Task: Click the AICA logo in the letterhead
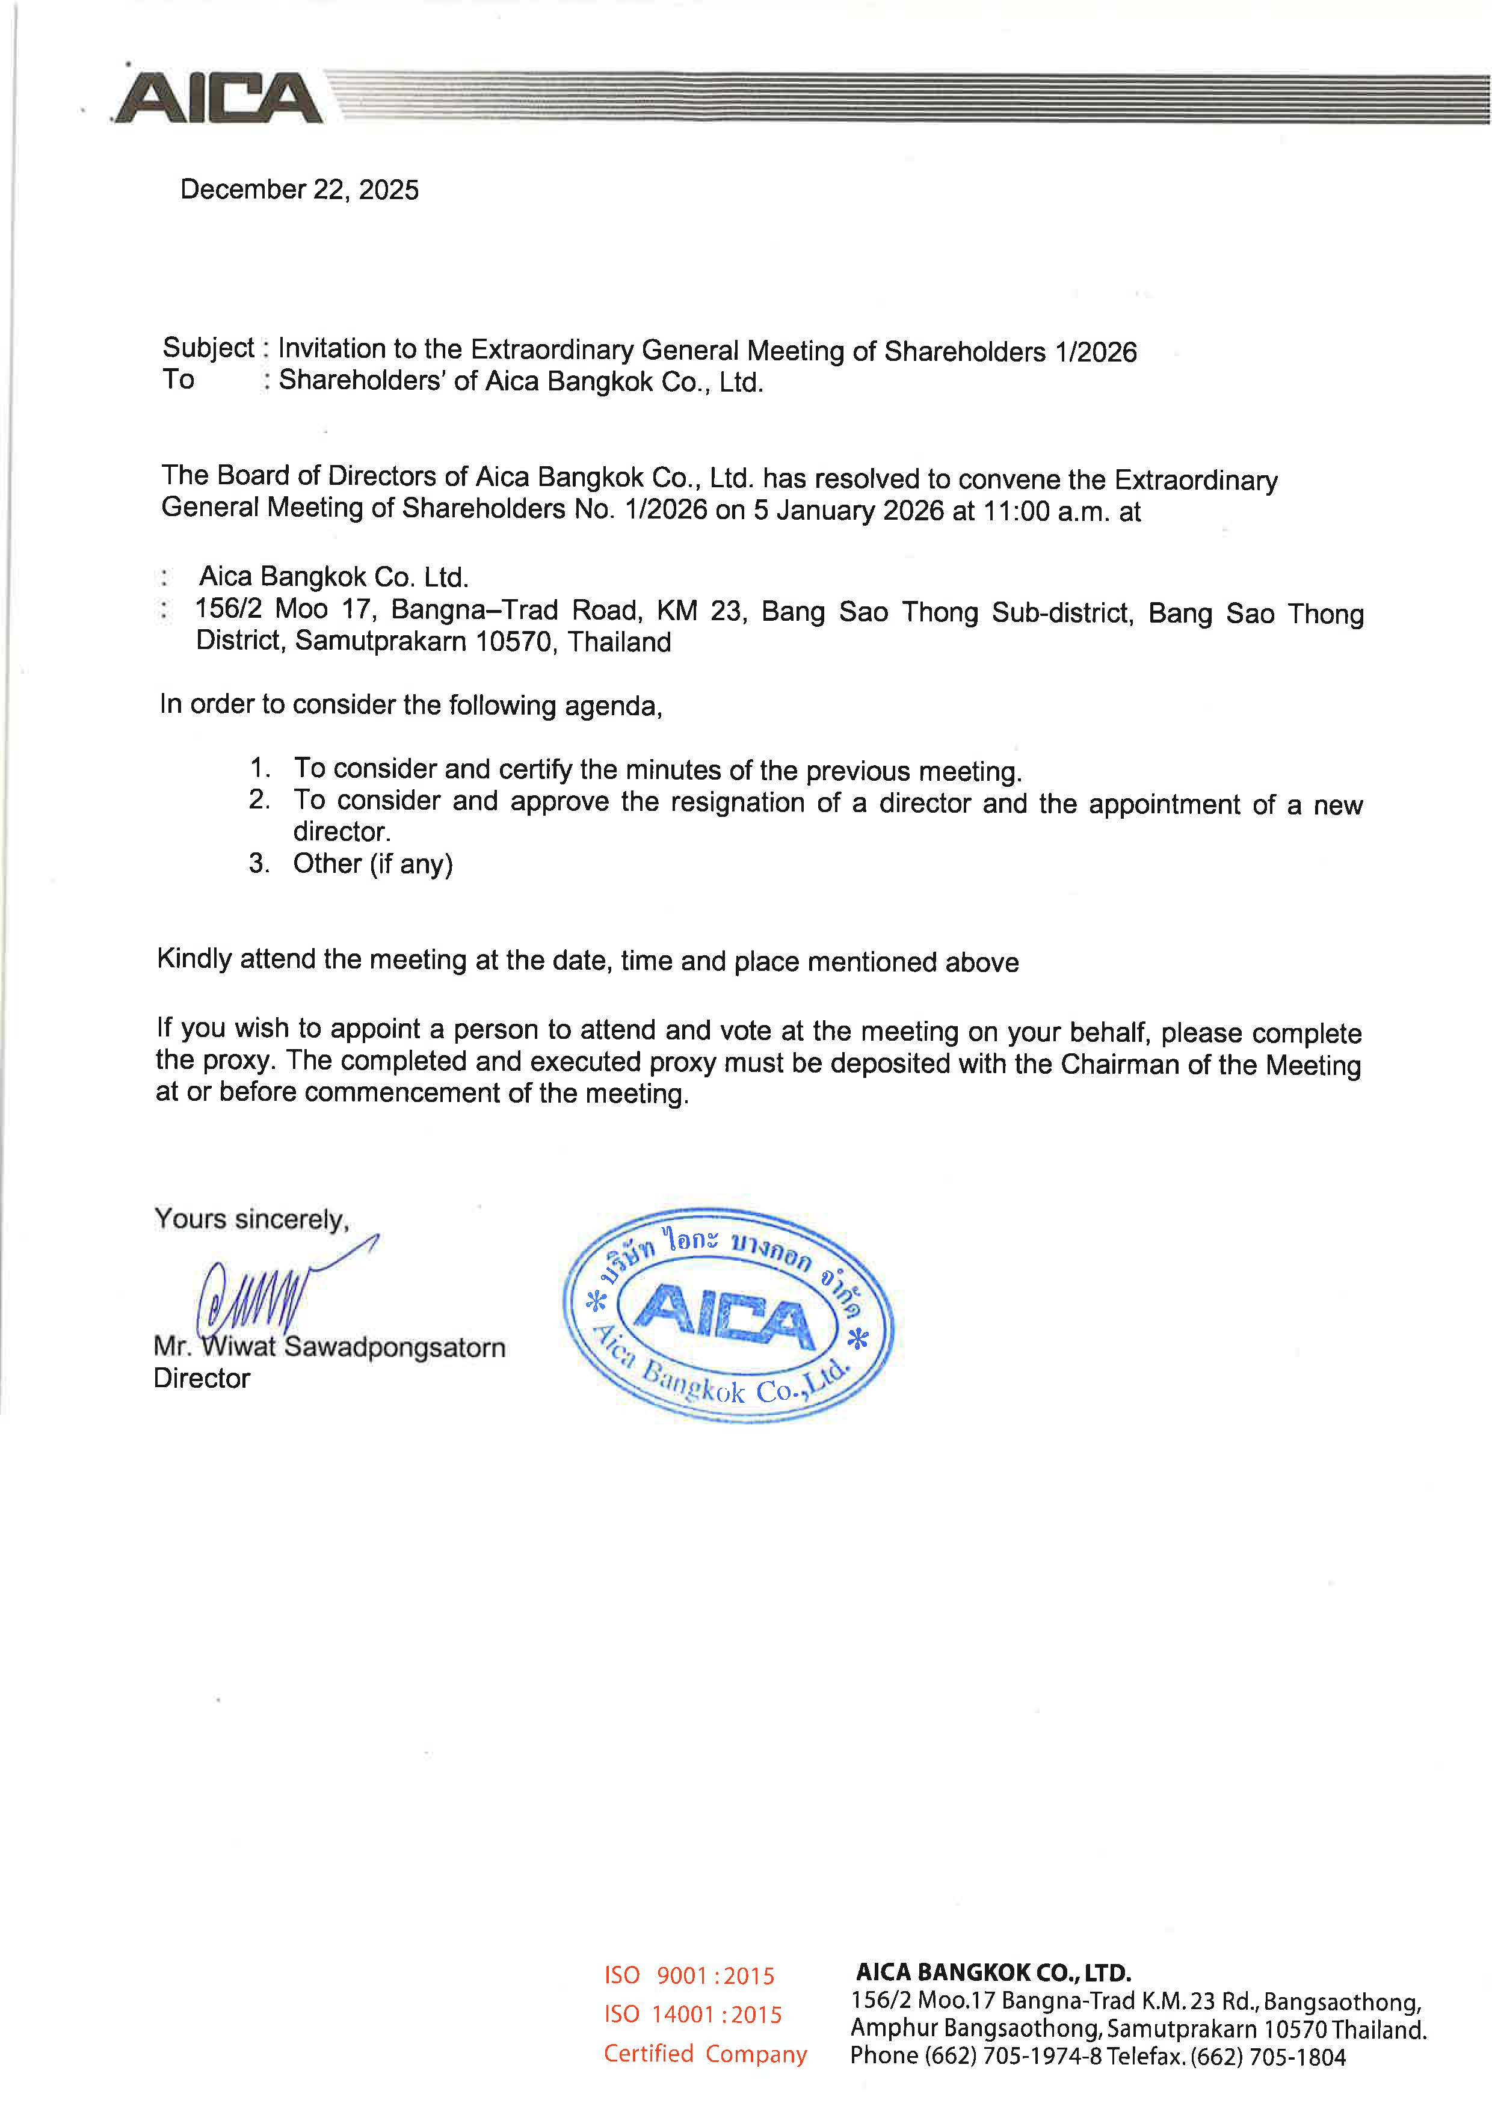[218, 98]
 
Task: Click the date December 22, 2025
[300, 189]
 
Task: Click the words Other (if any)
[373, 863]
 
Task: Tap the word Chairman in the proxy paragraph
[1119, 1064]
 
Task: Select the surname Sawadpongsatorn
[395, 1347]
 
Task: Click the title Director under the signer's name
[202, 1379]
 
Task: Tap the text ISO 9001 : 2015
[689, 1976]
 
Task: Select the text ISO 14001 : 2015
[692, 2015]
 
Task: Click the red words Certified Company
[704, 2053]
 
